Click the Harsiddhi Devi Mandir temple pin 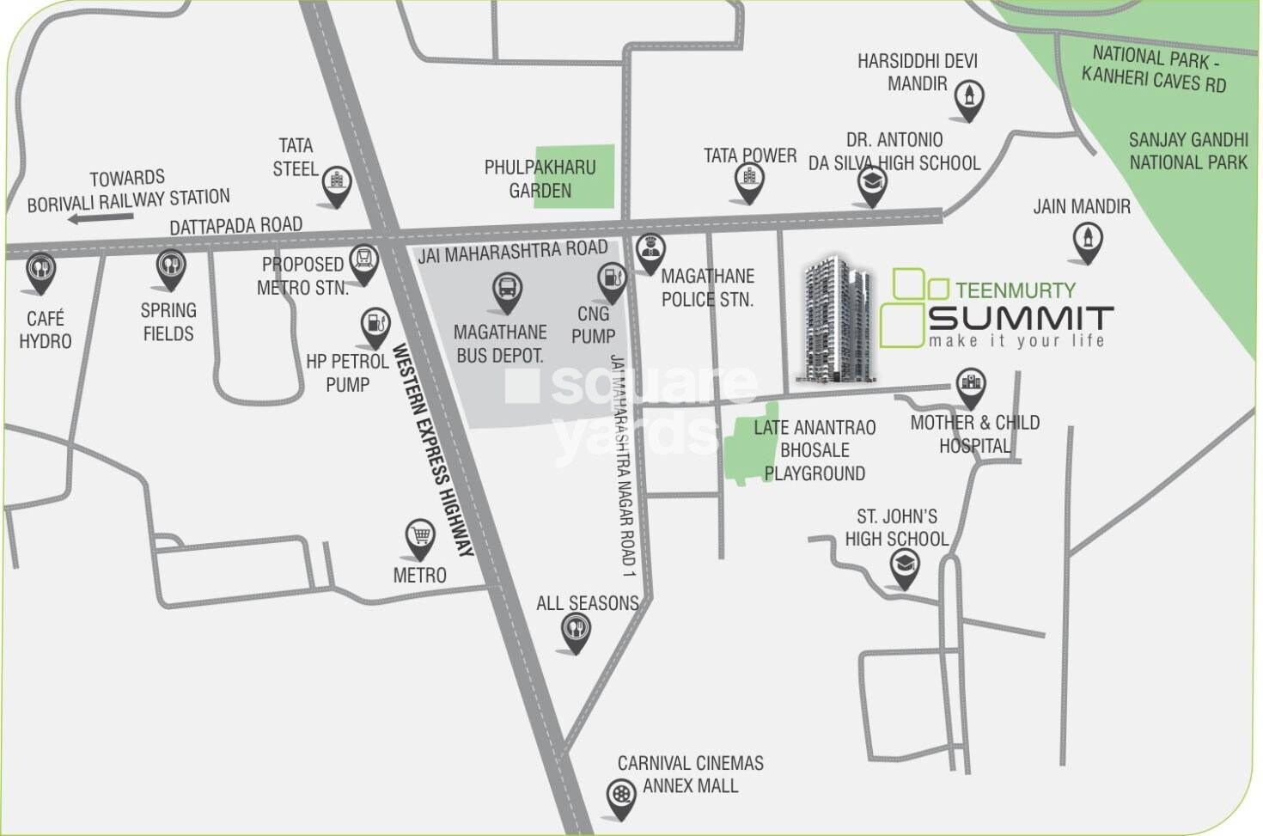[969, 98]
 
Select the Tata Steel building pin [336, 184]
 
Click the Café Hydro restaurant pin [40, 271]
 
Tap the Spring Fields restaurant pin [171, 267]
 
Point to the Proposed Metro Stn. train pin [365, 263]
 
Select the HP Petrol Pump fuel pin [375, 326]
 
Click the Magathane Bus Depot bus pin [507, 290]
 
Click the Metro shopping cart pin [420, 539]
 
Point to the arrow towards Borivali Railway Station [101, 218]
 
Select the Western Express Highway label [433, 449]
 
